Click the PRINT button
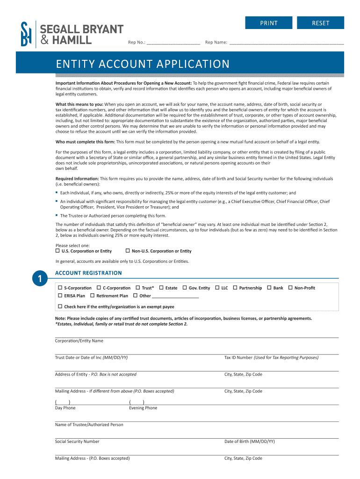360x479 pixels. click(269, 23)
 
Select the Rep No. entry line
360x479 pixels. click(173, 42)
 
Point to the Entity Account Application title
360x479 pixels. click(143, 64)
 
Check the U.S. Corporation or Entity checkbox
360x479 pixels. click(58, 251)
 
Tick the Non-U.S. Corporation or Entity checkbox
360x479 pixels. click(128, 251)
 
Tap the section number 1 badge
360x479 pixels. click(41, 279)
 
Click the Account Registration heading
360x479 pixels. click(88, 273)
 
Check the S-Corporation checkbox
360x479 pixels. click(60, 288)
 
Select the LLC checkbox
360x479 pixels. click(217, 288)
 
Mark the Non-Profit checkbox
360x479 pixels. click(290, 288)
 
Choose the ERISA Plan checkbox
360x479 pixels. click(60, 296)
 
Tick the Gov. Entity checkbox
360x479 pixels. click(185, 288)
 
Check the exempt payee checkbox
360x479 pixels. click(60, 306)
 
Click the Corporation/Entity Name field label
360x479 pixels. click(79, 341)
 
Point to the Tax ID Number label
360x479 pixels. click(238, 358)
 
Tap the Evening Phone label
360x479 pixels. click(143, 408)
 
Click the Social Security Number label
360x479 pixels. click(77, 442)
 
